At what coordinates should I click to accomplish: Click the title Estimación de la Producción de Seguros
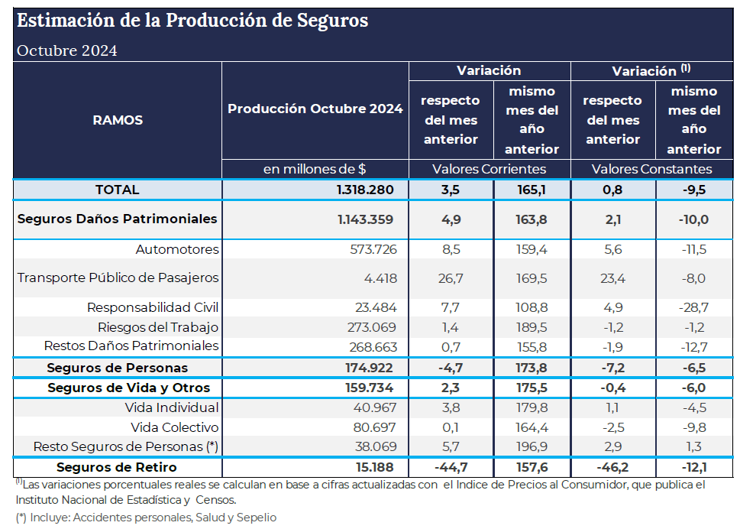[192, 21]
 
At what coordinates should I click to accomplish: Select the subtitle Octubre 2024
[67, 50]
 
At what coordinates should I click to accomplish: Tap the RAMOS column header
[118, 120]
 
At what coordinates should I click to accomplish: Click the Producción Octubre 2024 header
[315, 109]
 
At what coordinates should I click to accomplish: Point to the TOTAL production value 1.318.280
[365, 190]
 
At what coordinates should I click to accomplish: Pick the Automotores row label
[177, 249]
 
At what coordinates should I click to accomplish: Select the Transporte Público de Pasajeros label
[118, 277]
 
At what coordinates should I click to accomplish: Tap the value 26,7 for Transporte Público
[451, 278]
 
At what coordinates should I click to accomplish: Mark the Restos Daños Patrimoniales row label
[131, 346]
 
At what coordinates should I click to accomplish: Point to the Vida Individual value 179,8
[532, 407]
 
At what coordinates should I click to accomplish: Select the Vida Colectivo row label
[175, 427]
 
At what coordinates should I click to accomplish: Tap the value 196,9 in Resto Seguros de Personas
[532, 446]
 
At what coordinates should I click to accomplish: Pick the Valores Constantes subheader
[651, 169]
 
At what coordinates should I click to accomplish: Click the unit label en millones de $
[315, 169]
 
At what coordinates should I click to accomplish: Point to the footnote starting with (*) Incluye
[145, 518]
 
